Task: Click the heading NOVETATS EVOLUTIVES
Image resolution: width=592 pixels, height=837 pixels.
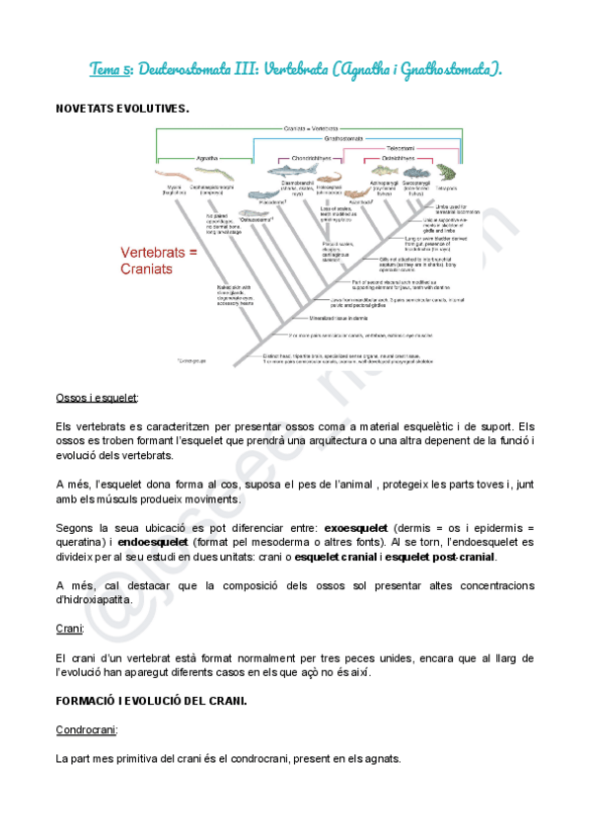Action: tap(122, 108)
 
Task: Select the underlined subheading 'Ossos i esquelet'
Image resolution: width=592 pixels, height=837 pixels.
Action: tap(97, 397)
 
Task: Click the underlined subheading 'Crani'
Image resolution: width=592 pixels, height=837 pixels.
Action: tap(69, 628)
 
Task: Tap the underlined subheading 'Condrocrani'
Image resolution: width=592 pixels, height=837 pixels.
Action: tap(87, 730)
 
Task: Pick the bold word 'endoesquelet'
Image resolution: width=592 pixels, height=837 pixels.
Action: tap(153, 542)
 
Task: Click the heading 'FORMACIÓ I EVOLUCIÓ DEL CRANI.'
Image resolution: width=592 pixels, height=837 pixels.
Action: tap(151, 700)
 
